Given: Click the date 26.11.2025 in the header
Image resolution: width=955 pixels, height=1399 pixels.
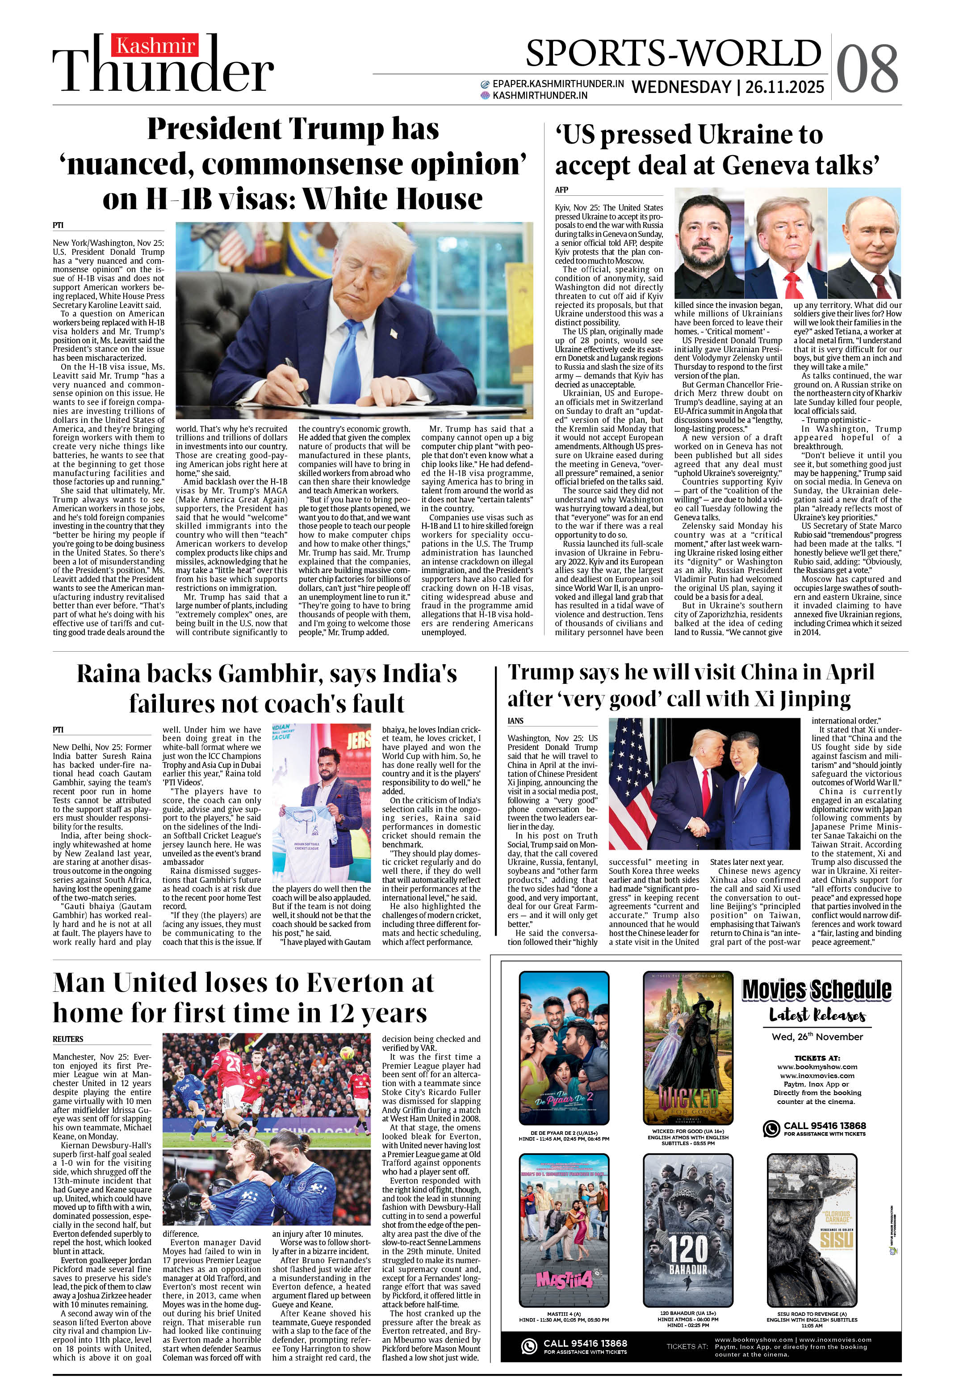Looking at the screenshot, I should coord(784,87).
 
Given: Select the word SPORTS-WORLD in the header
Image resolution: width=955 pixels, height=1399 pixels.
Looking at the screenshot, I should coord(674,53).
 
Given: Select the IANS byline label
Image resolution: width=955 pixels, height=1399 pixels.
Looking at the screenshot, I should coord(516,721).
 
